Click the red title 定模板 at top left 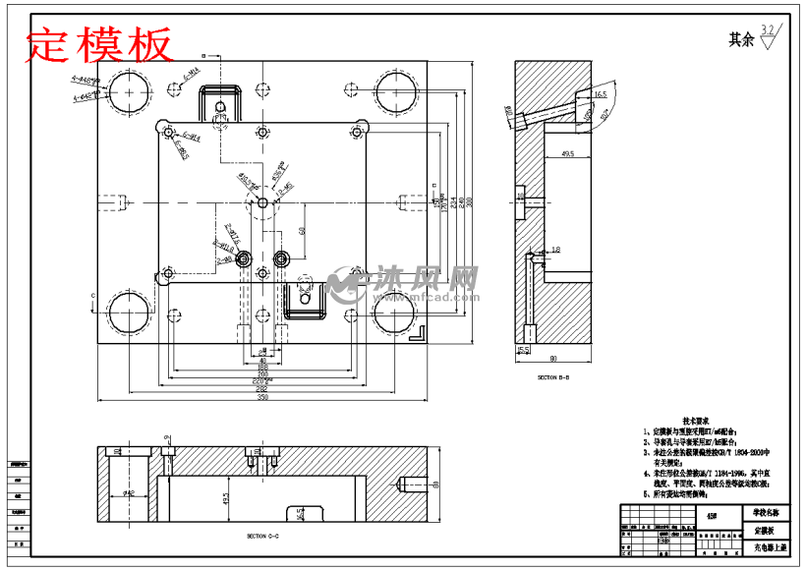pyautogui.click(x=98, y=43)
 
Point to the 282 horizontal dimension pyautogui.click(x=261, y=390)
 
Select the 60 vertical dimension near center pyautogui.click(x=301, y=230)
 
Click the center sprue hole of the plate pyautogui.click(x=261, y=201)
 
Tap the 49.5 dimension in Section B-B pyautogui.click(x=567, y=154)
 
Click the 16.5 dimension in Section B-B pyautogui.click(x=601, y=94)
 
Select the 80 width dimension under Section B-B pyautogui.click(x=553, y=359)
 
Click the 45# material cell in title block pyautogui.click(x=712, y=513)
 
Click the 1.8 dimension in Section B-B pyautogui.click(x=556, y=251)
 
